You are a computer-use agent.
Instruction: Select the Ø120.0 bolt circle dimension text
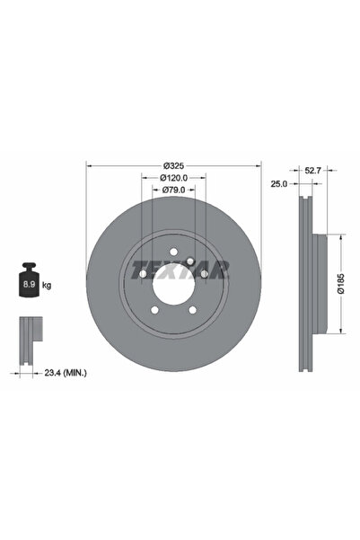(173, 178)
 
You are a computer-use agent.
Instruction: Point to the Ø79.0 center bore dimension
(173, 190)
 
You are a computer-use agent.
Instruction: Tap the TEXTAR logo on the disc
(180, 269)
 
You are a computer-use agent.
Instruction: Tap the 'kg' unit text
(47, 285)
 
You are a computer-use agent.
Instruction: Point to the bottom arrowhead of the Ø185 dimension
(341, 332)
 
